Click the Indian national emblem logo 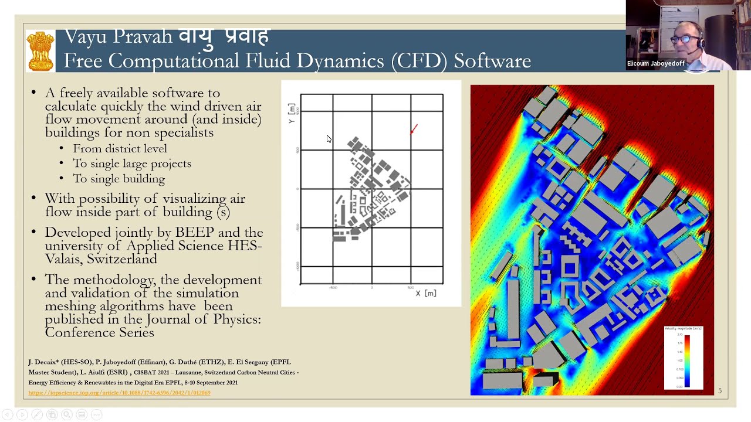[x=40, y=51]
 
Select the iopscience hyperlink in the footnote [x=119, y=393]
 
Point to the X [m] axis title [x=426, y=293]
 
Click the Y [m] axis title [x=292, y=113]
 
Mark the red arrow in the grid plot [x=414, y=128]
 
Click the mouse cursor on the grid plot [x=329, y=139]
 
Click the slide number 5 [x=720, y=391]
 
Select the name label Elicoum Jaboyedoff [x=655, y=63]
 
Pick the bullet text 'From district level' [x=120, y=149]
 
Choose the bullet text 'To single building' [x=119, y=179]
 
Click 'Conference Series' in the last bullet [x=99, y=333]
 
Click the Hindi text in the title [x=224, y=36]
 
